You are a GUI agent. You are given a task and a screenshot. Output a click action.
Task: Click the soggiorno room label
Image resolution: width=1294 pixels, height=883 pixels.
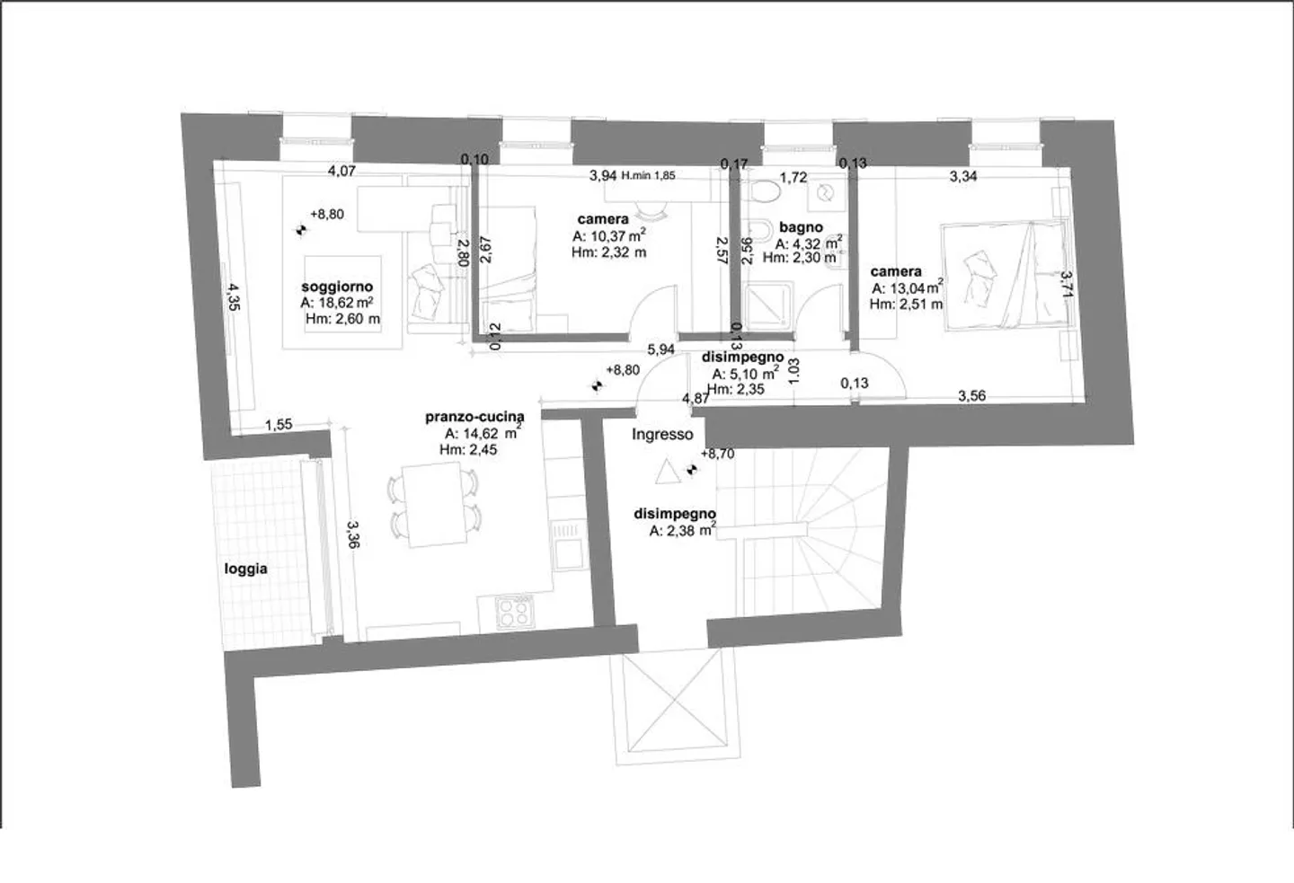tap(337, 287)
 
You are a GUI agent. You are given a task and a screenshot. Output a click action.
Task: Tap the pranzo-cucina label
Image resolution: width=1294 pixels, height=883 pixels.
tap(474, 418)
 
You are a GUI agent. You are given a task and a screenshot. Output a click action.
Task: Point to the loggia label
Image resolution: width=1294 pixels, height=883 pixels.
tap(245, 569)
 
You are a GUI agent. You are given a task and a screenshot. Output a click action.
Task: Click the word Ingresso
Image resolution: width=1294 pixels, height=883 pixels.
tap(662, 435)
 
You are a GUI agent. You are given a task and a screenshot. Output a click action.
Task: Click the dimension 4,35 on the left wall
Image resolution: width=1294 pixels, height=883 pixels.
tap(233, 296)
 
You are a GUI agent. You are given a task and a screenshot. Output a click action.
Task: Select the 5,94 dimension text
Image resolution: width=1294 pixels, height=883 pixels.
tap(660, 349)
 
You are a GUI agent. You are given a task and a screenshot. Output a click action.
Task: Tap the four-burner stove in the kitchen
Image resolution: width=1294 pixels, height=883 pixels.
tap(512, 615)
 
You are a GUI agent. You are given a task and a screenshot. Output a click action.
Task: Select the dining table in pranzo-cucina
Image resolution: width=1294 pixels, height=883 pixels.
tap(432, 505)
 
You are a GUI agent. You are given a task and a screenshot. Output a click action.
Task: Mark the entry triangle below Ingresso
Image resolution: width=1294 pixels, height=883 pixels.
tap(665, 472)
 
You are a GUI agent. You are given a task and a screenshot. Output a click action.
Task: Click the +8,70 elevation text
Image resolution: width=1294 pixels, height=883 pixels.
tap(718, 455)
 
